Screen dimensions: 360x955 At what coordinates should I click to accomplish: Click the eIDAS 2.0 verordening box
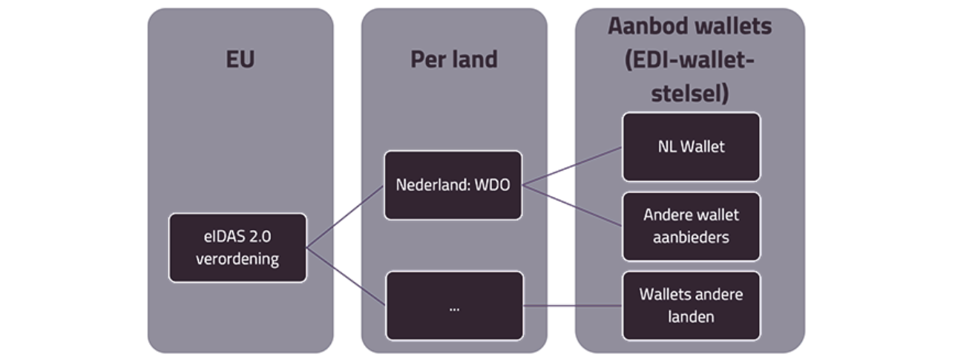[237, 248]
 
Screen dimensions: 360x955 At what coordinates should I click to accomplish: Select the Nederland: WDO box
[453, 185]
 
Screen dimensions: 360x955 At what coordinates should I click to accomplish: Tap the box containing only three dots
[453, 306]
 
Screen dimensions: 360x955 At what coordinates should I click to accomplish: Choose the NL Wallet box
[691, 146]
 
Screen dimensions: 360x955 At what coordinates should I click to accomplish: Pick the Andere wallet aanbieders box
[691, 226]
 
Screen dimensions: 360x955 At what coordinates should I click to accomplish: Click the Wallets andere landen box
[691, 305]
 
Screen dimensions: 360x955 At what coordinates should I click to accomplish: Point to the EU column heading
[240, 60]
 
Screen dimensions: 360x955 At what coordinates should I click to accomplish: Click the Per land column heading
[453, 60]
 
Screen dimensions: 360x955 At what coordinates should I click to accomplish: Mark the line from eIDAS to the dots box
[345, 275]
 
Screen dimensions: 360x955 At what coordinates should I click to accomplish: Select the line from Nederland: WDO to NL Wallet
[571, 166]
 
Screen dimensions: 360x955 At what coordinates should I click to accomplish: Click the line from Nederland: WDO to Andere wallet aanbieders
[571, 206]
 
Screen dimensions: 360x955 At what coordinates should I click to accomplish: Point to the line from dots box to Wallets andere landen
[572, 305]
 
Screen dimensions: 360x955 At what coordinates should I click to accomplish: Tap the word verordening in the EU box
[237, 259]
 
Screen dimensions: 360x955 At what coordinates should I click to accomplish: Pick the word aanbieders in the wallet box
[691, 237]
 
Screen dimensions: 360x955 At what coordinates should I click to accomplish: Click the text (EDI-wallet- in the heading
[690, 59]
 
